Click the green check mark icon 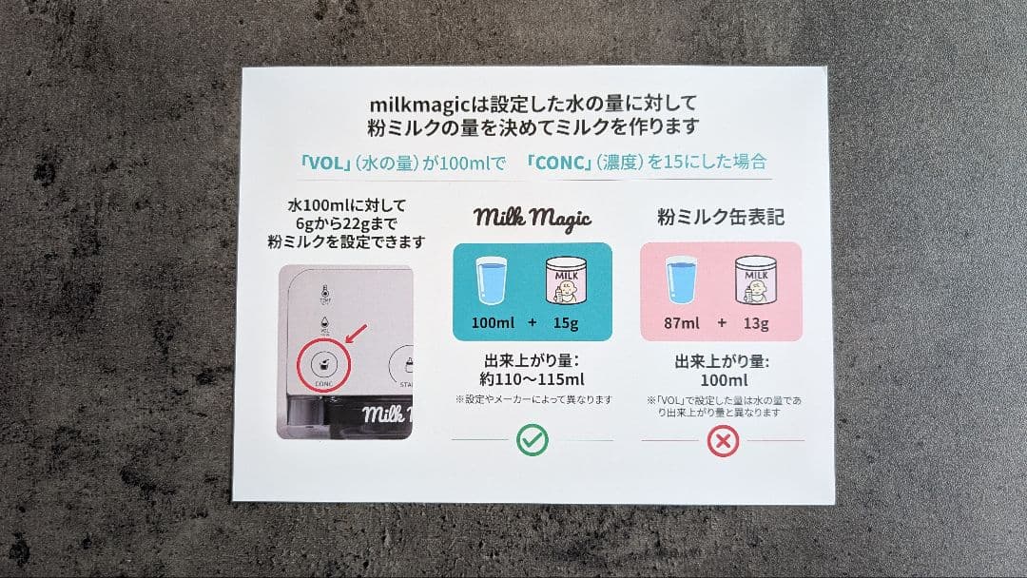tap(532, 440)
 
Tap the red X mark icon tap(723, 440)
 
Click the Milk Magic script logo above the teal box tap(533, 218)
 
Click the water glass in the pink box tap(683, 281)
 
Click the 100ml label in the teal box tap(493, 323)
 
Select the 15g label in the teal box tap(566, 323)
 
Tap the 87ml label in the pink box tap(682, 323)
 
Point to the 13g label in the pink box tap(755, 323)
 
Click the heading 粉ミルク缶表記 tap(721, 217)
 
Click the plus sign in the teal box tap(532, 323)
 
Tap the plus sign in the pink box tap(722, 323)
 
